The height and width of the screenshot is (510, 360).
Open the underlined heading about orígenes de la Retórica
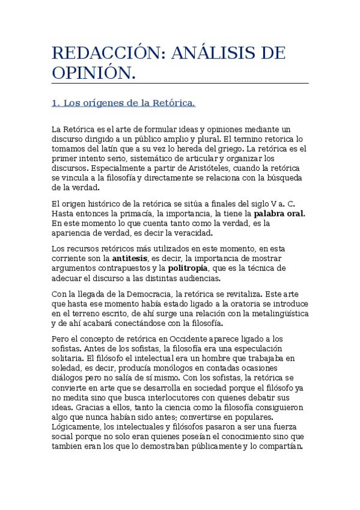(123, 103)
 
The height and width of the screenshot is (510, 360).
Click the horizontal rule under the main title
(180, 84)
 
